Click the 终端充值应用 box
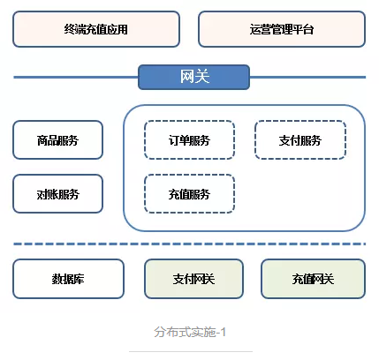click(x=96, y=29)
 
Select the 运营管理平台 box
click(x=282, y=29)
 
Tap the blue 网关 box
click(x=194, y=77)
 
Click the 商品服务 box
click(x=57, y=140)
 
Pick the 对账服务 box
click(x=57, y=194)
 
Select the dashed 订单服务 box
click(x=189, y=140)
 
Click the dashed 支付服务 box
click(x=300, y=140)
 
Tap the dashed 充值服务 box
click(x=189, y=194)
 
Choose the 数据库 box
click(x=68, y=279)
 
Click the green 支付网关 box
click(x=193, y=279)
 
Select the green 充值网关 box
click(x=313, y=279)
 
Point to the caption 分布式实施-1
click(x=190, y=332)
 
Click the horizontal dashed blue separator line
click(x=190, y=244)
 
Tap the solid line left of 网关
click(x=76, y=78)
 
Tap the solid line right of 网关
click(x=307, y=78)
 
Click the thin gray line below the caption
click(x=191, y=351)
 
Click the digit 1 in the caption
click(x=223, y=333)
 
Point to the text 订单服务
click(x=189, y=140)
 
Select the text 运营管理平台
click(x=282, y=29)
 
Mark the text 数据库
click(x=68, y=279)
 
